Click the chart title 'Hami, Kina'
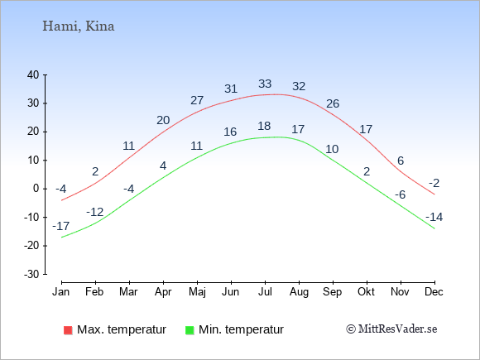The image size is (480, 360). (x=79, y=26)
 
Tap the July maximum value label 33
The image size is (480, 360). (x=265, y=84)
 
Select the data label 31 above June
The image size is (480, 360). (x=231, y=89)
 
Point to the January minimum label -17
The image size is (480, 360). (x=61, y=226)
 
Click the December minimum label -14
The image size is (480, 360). (x=434, y=217)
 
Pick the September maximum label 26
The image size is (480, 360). (x=333, y=103)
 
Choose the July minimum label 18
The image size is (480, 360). (x=264, y=126)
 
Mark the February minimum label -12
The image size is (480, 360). (x=95, y=212)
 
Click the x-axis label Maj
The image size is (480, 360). (x=197, y=292)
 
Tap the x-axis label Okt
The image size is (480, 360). (x=366, y=292)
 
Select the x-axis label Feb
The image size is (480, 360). (x=94, y=292)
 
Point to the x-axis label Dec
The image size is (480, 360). (x=434, y=292)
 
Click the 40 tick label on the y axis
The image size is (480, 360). (x=33, y=74)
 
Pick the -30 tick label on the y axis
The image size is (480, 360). (x=31, y=274)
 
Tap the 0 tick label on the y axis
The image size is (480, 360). (x=36, y=189)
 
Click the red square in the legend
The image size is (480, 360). (x=68, y=330)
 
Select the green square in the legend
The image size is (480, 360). (x=190, y=330)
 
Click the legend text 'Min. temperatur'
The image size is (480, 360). (x=241, y=329)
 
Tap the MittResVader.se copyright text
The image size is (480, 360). (x=391, y=329)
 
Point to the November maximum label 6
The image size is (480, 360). (x=401, y=161)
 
